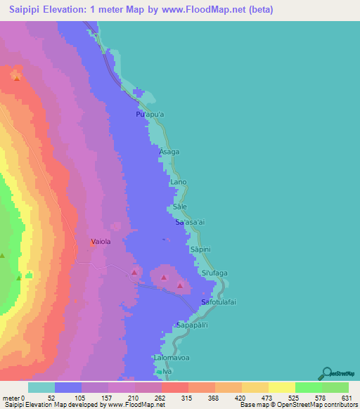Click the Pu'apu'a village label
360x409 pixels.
click(x=150, y=114)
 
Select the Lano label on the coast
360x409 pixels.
click(x=179, y=182)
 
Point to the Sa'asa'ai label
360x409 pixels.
click(x=190, y=223)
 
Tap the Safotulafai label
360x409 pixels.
click(x=217, y=302)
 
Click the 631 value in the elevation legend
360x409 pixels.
click(x=345, y=398)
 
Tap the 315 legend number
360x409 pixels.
click(x=186, y=398)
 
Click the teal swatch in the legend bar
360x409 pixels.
click(x=41, y=387)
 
